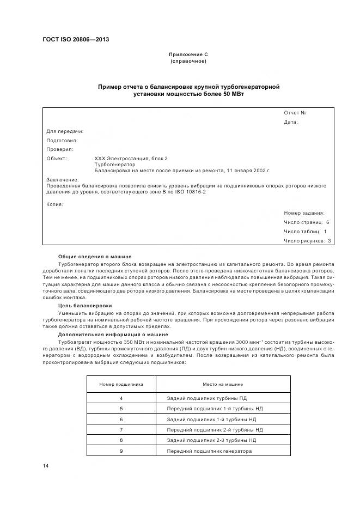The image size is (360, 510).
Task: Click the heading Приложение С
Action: [x=188, y=54]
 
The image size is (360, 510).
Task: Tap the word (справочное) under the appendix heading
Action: [x=188, y=61]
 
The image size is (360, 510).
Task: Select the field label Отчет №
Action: [x=295, y=113]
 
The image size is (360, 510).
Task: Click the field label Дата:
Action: [x=291, y=122]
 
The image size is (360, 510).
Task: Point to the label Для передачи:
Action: [x=65, y=131]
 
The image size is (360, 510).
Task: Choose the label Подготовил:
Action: [x=62, y=140]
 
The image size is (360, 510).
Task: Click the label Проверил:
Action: [x=60, y=149]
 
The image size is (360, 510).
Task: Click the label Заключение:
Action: [x=63, y=179]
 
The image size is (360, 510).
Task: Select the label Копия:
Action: [x=55, y=204]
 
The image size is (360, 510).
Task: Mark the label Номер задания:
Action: [x=304, y=213]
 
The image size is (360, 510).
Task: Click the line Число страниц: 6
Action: [x=306, y=222]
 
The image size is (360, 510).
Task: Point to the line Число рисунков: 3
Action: [x=307, y=240]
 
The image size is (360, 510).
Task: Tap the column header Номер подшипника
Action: [x=121, y=384]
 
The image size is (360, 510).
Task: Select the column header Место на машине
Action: [x=223, y=384]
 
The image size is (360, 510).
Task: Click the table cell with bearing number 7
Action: [x=121, y=430]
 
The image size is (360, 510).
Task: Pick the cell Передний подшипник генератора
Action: [x=209, y=451]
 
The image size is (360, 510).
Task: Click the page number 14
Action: [x=46, y=466]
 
